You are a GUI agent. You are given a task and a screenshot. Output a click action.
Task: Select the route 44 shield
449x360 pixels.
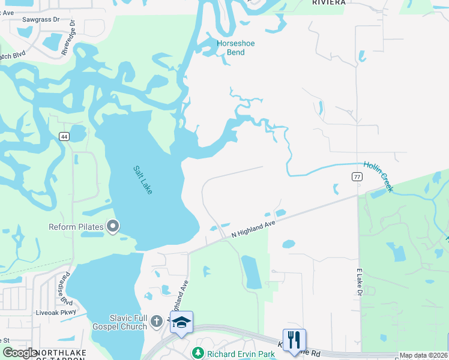tap(64, 136)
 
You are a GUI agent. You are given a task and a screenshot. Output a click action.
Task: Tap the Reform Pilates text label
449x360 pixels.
tap(77, 227)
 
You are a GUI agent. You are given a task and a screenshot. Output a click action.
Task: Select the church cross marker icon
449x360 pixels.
tap(157, 321)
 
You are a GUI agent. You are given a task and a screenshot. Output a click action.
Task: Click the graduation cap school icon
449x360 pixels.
tap(181, 322)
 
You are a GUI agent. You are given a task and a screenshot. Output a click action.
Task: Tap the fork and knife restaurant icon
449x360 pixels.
tap(294, 340)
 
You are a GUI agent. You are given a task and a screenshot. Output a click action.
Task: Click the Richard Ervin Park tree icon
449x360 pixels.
tap(197, 353)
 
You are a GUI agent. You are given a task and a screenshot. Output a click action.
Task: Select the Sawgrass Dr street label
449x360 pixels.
tap(41, 19)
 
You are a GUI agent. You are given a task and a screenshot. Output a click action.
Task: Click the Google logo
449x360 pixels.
tap(20, 353)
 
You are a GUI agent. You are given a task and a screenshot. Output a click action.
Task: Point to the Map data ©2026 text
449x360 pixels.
tap(424, 355)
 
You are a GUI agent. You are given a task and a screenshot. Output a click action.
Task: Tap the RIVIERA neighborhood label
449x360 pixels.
tap(329, 2)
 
